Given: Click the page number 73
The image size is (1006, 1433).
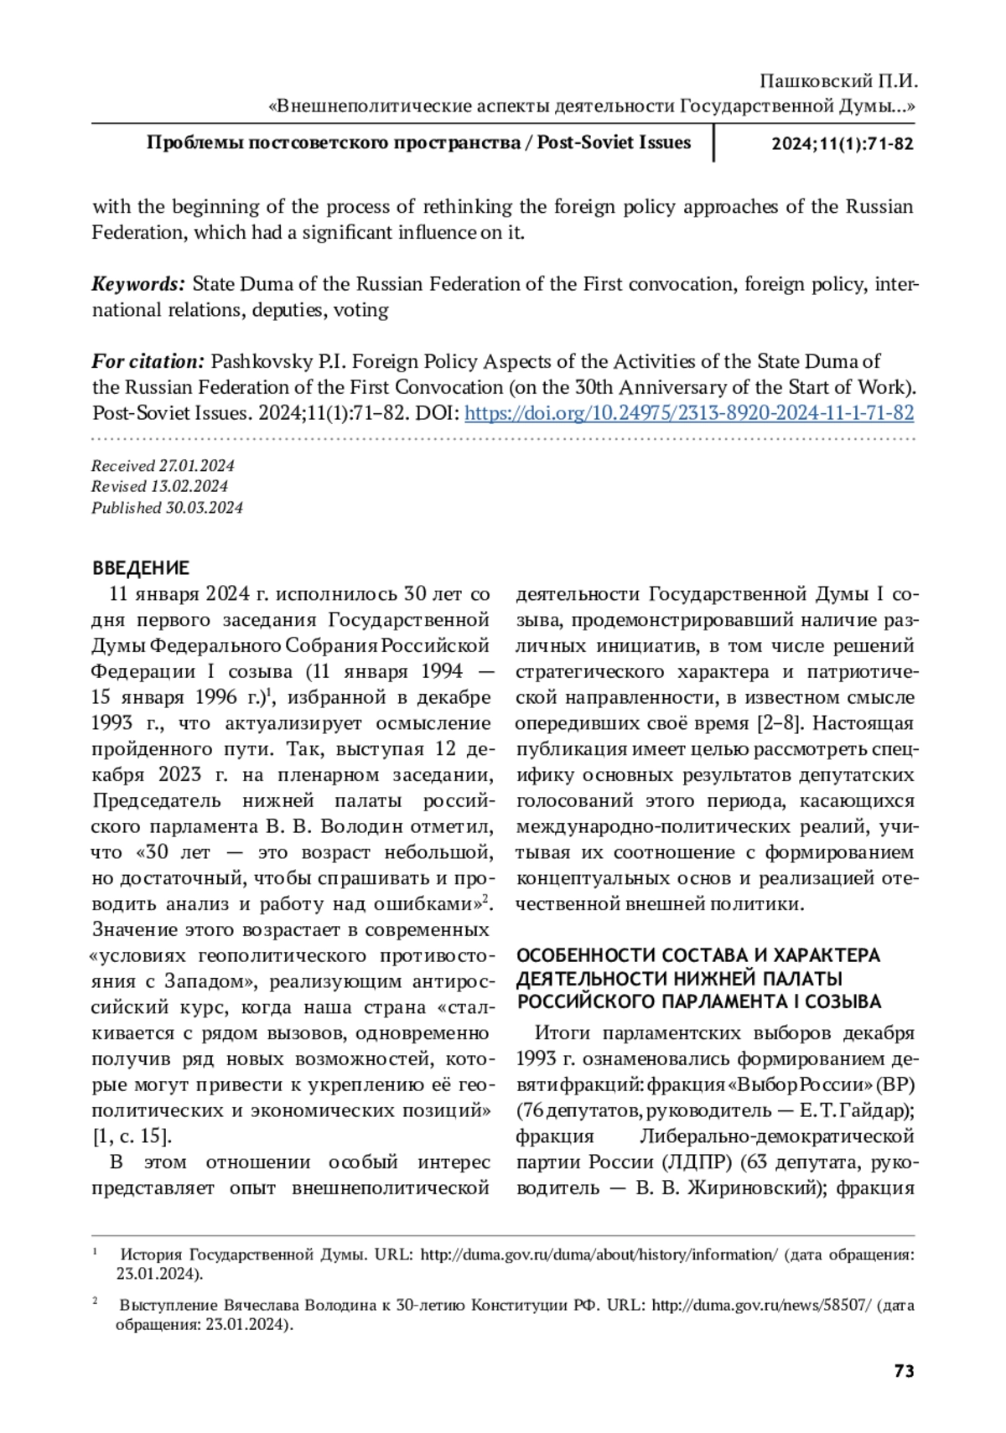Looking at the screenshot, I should [x=904, y=1371].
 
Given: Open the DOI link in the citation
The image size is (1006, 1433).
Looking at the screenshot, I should [x=688, y=413].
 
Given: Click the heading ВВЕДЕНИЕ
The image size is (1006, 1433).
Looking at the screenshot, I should [x=141, y=568].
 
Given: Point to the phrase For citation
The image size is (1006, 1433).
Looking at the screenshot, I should [x=148, y=361].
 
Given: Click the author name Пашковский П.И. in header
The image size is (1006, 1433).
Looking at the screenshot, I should [x=838, y=82].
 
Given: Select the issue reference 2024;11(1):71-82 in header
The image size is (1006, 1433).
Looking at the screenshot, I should [x=842, y=144].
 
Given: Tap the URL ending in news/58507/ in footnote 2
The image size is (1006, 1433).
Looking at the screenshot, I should [x=761, y=1306].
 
